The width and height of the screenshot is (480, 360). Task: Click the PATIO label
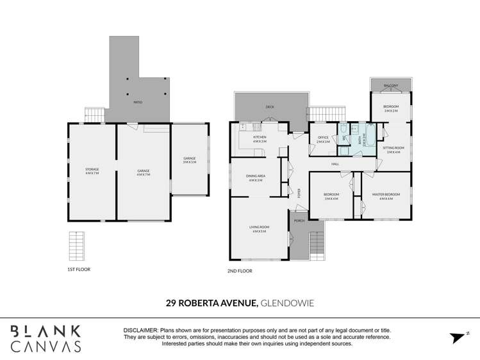[x=138, y=102]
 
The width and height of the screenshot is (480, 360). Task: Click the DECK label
[x=270, y=107]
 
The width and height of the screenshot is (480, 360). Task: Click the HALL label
[x=335, y=164]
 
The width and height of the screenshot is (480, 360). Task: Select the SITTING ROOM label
[x=392, y=149]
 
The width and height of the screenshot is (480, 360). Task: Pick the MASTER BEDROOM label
[x=386, y=196]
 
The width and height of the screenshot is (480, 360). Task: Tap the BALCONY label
[x=391, y=86]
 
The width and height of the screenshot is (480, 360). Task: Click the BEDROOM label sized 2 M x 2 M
[x=391, y=108]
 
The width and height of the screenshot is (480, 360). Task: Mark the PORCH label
[x=299, y=221]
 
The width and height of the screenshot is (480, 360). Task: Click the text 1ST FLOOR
[x=79, y=270]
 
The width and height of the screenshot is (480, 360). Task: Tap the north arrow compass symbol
[x=457, y=338]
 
